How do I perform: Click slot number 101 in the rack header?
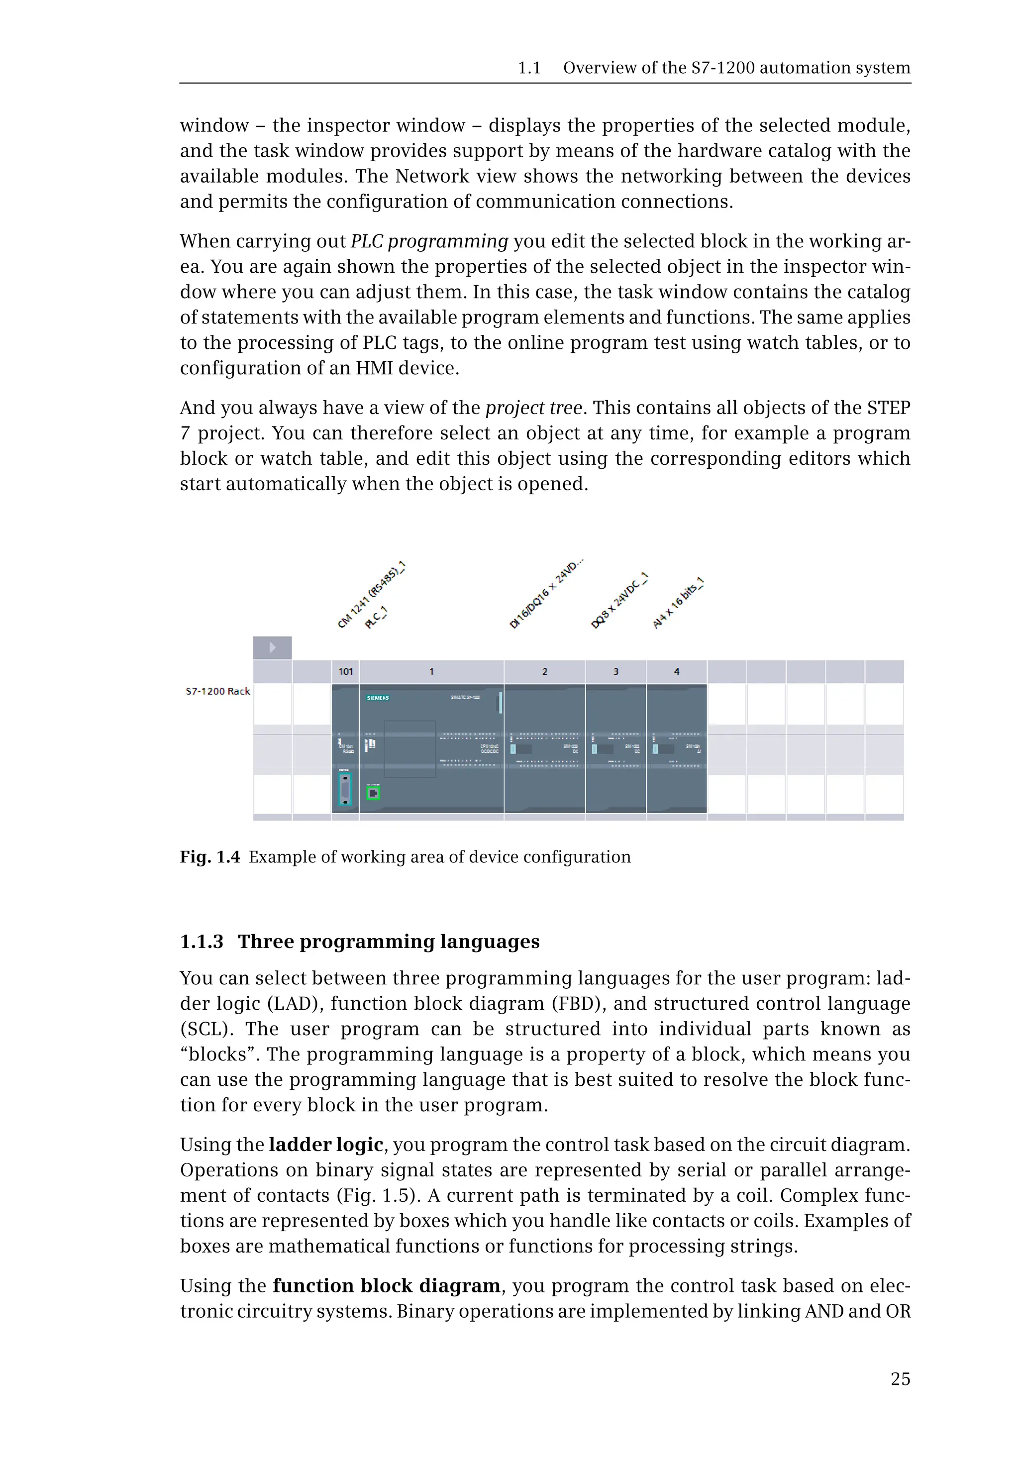pos(345,671)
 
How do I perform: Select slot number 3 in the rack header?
pos(615,671)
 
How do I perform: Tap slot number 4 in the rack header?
pos(677,671)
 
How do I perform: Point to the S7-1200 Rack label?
pos(218,691)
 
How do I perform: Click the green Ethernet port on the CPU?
pos(374,793)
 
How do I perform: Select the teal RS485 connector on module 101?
pos(345,789)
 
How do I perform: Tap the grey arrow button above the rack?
pos(273,647)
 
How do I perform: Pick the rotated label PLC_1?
pos(376,618)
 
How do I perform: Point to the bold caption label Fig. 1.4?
pos(209,857)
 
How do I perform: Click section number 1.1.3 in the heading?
pos(202,942)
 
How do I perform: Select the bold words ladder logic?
pos(325,1144)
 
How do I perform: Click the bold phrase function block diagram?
pos(386,1285)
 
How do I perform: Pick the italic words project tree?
pos(534,408)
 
